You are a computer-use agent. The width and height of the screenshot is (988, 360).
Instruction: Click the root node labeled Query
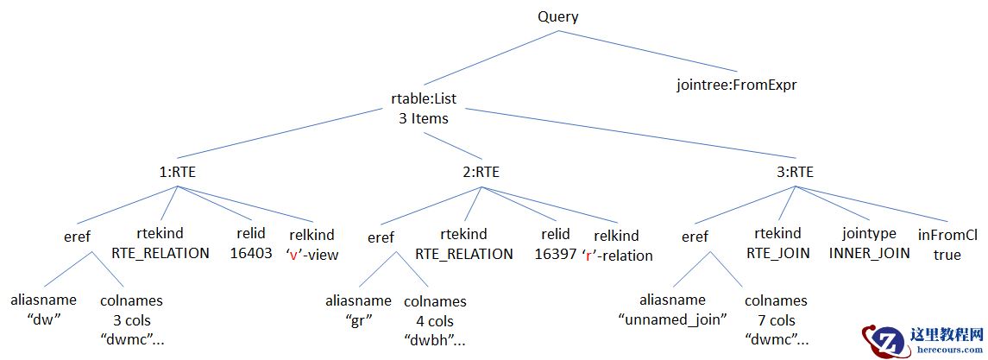click(x=558, y=16)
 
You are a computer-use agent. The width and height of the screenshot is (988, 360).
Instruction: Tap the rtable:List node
click(x=424, y=99)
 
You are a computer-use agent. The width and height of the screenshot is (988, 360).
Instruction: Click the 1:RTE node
click(x=178, y=172)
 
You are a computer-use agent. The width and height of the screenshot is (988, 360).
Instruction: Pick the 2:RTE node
click(x=481, y=172)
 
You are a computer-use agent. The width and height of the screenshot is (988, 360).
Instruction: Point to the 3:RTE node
click(x=795, y=172)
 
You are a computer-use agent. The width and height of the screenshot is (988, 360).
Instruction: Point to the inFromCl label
click(x=947, y=234)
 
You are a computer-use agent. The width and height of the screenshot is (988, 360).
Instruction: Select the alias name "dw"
click(x=43, y=319)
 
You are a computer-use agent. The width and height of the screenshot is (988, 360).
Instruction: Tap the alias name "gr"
click(x=358, y=320)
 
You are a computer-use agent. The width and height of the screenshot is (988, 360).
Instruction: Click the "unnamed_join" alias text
click(x=674, y=319)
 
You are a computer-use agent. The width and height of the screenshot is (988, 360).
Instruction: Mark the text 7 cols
click(x=776, y=319)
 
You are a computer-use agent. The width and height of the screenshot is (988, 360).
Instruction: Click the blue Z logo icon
click(x=882, y=342)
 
